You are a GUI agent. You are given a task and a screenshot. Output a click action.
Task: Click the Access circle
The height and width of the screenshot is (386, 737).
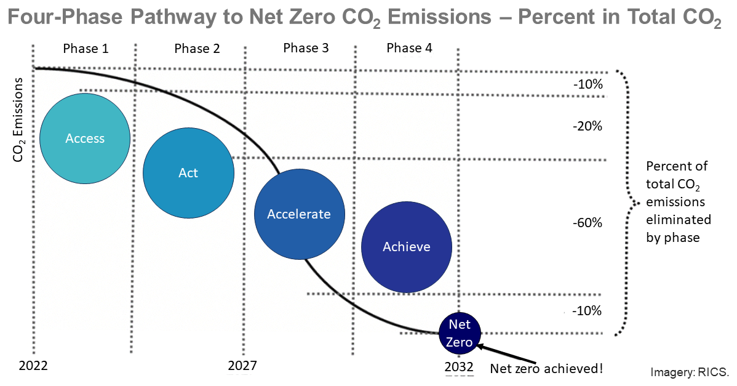(85, 139)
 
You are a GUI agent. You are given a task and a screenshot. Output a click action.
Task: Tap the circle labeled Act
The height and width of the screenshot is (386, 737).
(188, 173)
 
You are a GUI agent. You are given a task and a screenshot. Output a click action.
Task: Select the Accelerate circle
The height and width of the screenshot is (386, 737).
(299, 214)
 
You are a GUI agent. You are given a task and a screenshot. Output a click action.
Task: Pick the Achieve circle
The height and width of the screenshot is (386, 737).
(407, 246)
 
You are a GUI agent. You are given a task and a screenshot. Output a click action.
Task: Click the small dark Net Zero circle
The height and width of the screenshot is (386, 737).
(459, 333)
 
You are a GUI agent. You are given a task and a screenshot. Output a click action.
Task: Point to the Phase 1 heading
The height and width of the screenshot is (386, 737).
(86, 49)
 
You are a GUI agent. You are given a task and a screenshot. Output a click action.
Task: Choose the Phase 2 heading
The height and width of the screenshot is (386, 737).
(197, 49)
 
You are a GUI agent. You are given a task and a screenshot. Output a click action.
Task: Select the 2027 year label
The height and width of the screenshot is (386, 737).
(242, 366)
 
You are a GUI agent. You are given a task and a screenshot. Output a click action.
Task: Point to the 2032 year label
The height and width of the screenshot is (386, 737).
(459, 367)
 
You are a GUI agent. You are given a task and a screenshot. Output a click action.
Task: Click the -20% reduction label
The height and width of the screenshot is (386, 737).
(587, 126)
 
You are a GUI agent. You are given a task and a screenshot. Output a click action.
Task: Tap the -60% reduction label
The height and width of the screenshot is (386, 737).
(587, 222)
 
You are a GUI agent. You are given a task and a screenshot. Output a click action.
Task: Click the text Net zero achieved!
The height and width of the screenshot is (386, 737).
(546, 369)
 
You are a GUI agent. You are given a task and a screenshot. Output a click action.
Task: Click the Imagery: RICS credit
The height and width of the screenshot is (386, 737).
(689, 372)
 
